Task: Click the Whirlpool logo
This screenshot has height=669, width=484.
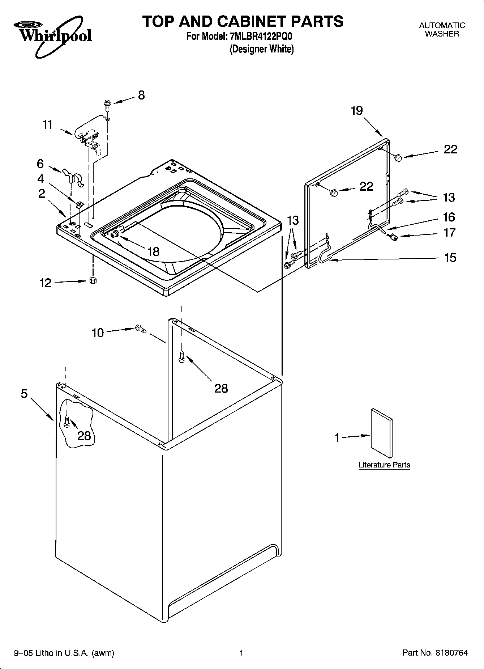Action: tap(52, 35)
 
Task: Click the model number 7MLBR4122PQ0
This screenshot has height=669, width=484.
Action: tap(260, 37)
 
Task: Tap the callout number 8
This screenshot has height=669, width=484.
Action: tap(141, 95)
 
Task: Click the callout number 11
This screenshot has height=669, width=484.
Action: tap(47, 125)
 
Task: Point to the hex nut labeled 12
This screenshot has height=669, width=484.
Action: tap(93, 280)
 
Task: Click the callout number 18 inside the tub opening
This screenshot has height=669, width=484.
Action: tap(154, 251)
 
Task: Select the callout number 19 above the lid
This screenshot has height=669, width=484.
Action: tap(357, 111)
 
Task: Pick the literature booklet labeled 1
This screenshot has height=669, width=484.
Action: tap(381, 433)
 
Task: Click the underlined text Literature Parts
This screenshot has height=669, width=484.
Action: tap(384, 465)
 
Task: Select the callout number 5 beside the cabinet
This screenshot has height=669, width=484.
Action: tap(24, 394)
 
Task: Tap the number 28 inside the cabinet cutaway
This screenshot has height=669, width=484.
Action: tap(84, 436)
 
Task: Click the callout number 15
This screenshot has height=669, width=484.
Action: tap(450, 258)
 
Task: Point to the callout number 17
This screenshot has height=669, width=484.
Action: tap(450, 232)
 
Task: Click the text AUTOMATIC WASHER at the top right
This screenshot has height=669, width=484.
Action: tap(442, 30)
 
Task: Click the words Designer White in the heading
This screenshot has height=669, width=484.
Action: tap(262, 49)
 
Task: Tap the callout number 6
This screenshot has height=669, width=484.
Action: tap(40, 164)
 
